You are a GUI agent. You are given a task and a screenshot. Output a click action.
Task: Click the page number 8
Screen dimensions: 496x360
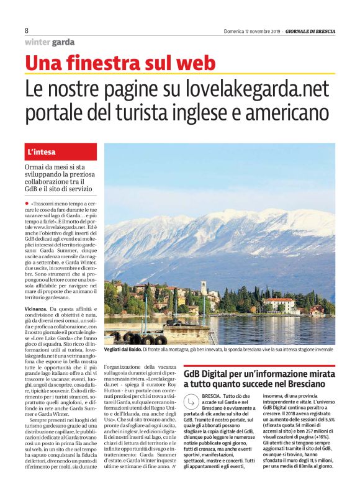pos(27,30)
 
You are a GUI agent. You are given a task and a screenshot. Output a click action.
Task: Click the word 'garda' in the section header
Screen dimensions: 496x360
pos(63,43)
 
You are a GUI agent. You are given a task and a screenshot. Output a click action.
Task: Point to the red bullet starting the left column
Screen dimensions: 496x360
pos(27,203)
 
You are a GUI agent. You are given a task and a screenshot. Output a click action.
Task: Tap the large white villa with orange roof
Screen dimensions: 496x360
pos(279,304)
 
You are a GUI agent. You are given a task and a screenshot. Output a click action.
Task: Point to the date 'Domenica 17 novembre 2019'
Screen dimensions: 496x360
pos(251,31)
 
